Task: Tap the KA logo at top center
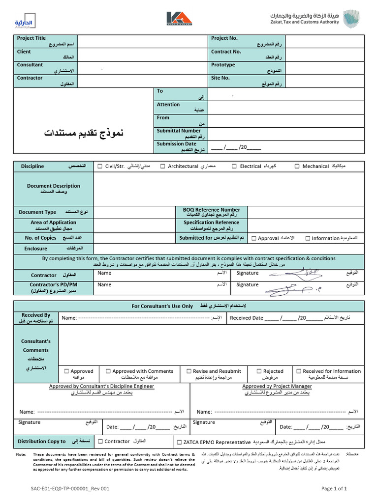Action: pos(179,19)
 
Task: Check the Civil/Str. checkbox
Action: pos(100,167)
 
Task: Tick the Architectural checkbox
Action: pos(163,167)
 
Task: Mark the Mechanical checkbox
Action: pos(297,167)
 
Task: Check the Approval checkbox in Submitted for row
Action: pos(253,238)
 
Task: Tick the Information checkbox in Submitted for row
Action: pos(308,238)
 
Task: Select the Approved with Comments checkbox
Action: pos(107,371)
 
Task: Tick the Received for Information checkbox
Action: pos(298,371)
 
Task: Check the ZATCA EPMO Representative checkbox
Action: pos(179,442)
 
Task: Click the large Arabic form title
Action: pos(84,133)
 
